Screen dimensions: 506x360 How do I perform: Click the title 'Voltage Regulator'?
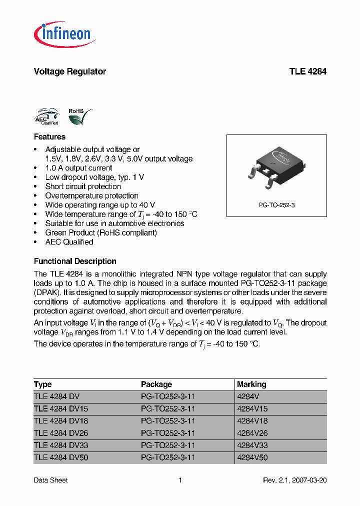pos(69,71)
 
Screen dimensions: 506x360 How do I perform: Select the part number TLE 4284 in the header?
pos(307,71)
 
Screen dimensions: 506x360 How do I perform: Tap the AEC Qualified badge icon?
pos(46,116)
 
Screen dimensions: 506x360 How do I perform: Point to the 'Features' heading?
pos(49,136)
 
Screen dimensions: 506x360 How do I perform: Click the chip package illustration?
pos(276,167)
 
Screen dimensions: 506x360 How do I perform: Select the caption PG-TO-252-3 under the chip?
pos(276,205)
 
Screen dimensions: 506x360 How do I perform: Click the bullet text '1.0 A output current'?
pos(78,168)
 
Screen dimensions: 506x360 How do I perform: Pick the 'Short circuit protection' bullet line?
pos(83,186)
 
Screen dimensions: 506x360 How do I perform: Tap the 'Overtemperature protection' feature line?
pos(91,195)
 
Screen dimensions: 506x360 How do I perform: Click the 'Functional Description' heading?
pos(75,261)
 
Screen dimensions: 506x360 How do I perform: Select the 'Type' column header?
pos(43,384)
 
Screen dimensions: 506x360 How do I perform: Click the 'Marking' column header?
pos(251,384)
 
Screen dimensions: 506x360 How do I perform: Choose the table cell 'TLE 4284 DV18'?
pos(61,421)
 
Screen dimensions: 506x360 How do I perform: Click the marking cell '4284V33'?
pos(253,445)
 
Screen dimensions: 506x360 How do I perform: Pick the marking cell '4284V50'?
pos(253,457)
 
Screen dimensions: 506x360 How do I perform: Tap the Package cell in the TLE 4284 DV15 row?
pos(168,408)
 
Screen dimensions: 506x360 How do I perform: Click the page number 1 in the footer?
pos(180,480)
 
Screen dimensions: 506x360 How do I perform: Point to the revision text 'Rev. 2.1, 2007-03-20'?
pos(295,480)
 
